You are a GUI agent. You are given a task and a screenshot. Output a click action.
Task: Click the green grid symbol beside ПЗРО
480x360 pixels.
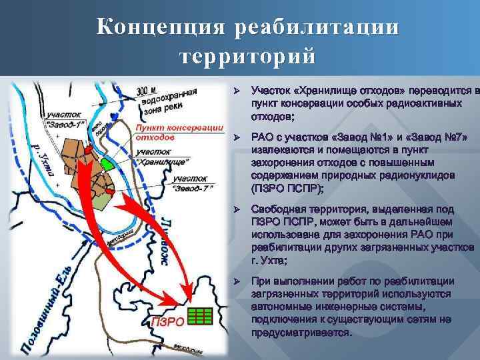(x=199, y=315)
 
